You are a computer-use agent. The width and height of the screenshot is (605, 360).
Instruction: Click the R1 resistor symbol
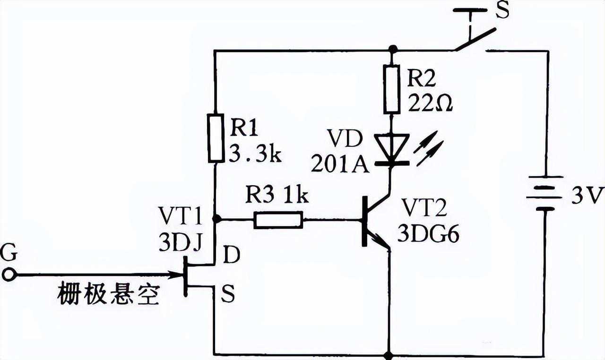click(216, 137)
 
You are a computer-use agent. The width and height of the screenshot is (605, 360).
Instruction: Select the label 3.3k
click(255, 154)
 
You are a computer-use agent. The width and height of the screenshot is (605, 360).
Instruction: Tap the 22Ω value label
click(430, 102)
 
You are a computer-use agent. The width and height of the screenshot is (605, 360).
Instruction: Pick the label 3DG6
click(428, 235)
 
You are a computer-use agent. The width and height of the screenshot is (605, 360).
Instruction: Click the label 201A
click(339, 165)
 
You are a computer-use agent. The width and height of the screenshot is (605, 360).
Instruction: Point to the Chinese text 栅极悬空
click(108, 294)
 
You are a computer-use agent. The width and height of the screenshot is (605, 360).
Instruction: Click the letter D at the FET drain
click(232, 255)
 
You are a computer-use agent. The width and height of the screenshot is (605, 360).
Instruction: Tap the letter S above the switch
click(503, 10)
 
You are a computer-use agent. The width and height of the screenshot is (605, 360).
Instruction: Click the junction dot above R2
click(391, 49)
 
